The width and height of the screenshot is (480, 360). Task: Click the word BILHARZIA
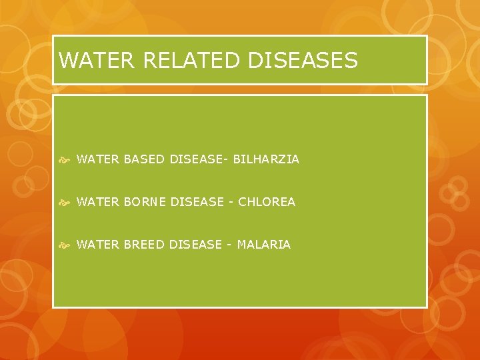click(x=266, y=159)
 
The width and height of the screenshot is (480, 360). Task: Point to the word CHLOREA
click(x=266, y=202)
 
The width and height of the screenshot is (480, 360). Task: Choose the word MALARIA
click(x=264, y=245)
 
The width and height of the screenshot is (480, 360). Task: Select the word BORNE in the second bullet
click(x=146, y=202)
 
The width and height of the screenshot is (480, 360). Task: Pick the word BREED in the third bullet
click(x=145, y=245)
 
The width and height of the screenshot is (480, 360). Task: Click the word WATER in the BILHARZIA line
click(x=98, y=159)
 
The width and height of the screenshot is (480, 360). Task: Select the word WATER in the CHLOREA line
click(x=98, y=202)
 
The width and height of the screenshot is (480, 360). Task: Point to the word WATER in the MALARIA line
click(x=98, y=245)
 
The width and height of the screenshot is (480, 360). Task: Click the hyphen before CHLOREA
click(x=231, y=202)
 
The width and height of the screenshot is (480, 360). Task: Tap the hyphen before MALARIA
click(x=229, y=245)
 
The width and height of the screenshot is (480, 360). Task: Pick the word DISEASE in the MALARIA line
click(x=195, y=245)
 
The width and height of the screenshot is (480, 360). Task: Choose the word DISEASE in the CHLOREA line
click(x=197, y=202)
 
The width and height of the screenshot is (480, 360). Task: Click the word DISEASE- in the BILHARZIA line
click(x=199, y=159)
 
